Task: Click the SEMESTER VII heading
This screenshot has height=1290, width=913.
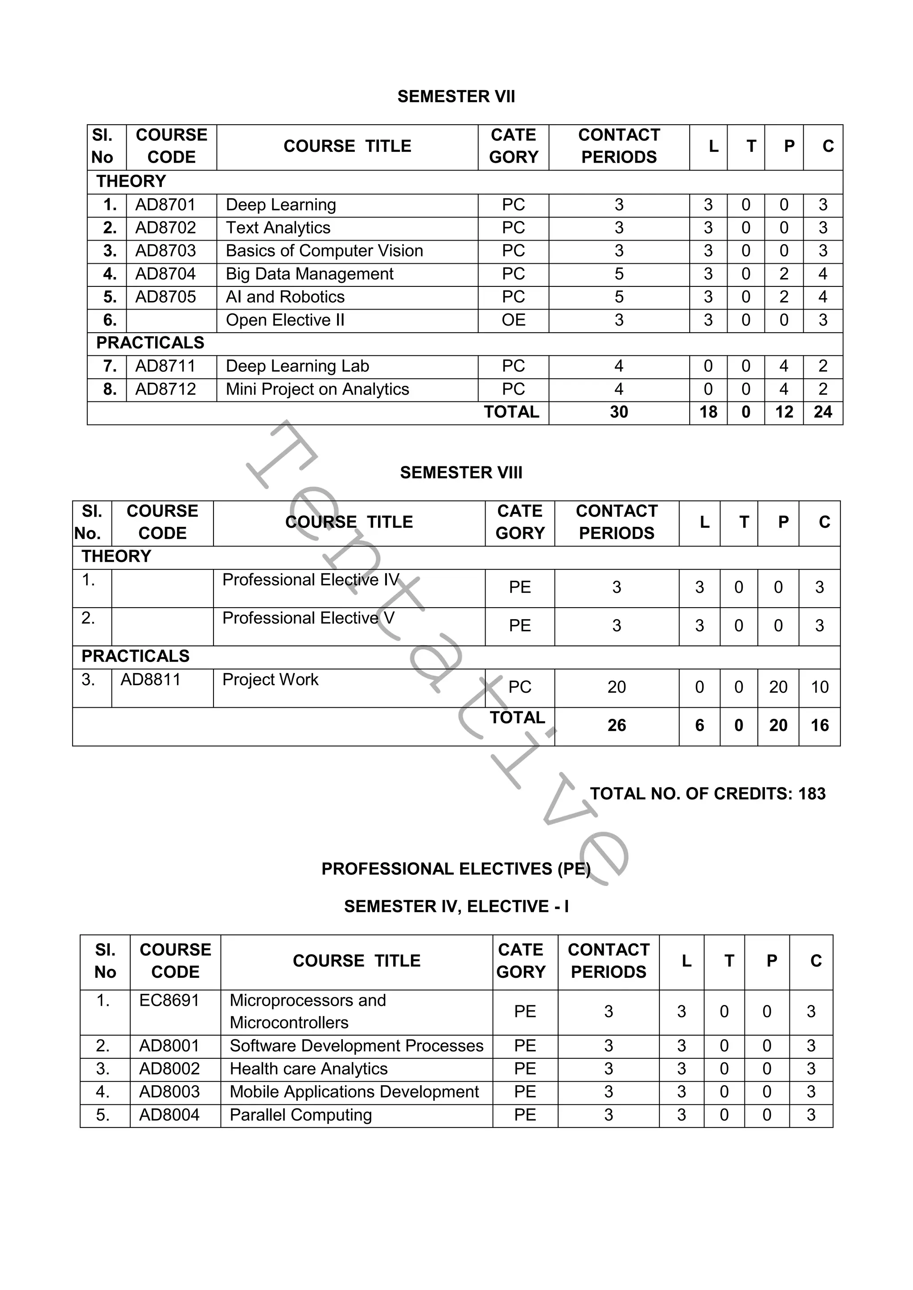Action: coord(456,97)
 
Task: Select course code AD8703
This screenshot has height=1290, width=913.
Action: coord(165,251)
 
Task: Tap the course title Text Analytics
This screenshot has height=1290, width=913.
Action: coord(278,228)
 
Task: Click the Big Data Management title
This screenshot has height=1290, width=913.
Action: coord(309,274)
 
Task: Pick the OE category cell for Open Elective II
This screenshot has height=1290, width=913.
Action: coord(513,320)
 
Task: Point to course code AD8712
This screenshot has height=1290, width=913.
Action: coord(165,389)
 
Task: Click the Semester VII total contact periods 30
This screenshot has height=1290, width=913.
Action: coord(618,412)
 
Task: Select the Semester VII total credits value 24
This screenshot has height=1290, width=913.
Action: coord(823,412)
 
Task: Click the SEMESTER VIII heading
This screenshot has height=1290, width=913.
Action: coord(461,473)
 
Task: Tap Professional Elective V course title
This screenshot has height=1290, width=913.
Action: coord(308,618)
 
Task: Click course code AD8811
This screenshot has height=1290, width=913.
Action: coord(151,680)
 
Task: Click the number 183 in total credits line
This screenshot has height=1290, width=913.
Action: coord(812,794)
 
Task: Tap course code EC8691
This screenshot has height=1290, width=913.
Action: coord(169,1000)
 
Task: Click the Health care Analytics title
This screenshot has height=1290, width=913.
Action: coord(308,1069)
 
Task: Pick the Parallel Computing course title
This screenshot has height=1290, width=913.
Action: coord(301,1114)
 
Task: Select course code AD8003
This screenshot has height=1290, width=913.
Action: coord(169,1092)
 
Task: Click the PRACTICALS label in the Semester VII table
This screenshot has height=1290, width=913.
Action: coord(150,343)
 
